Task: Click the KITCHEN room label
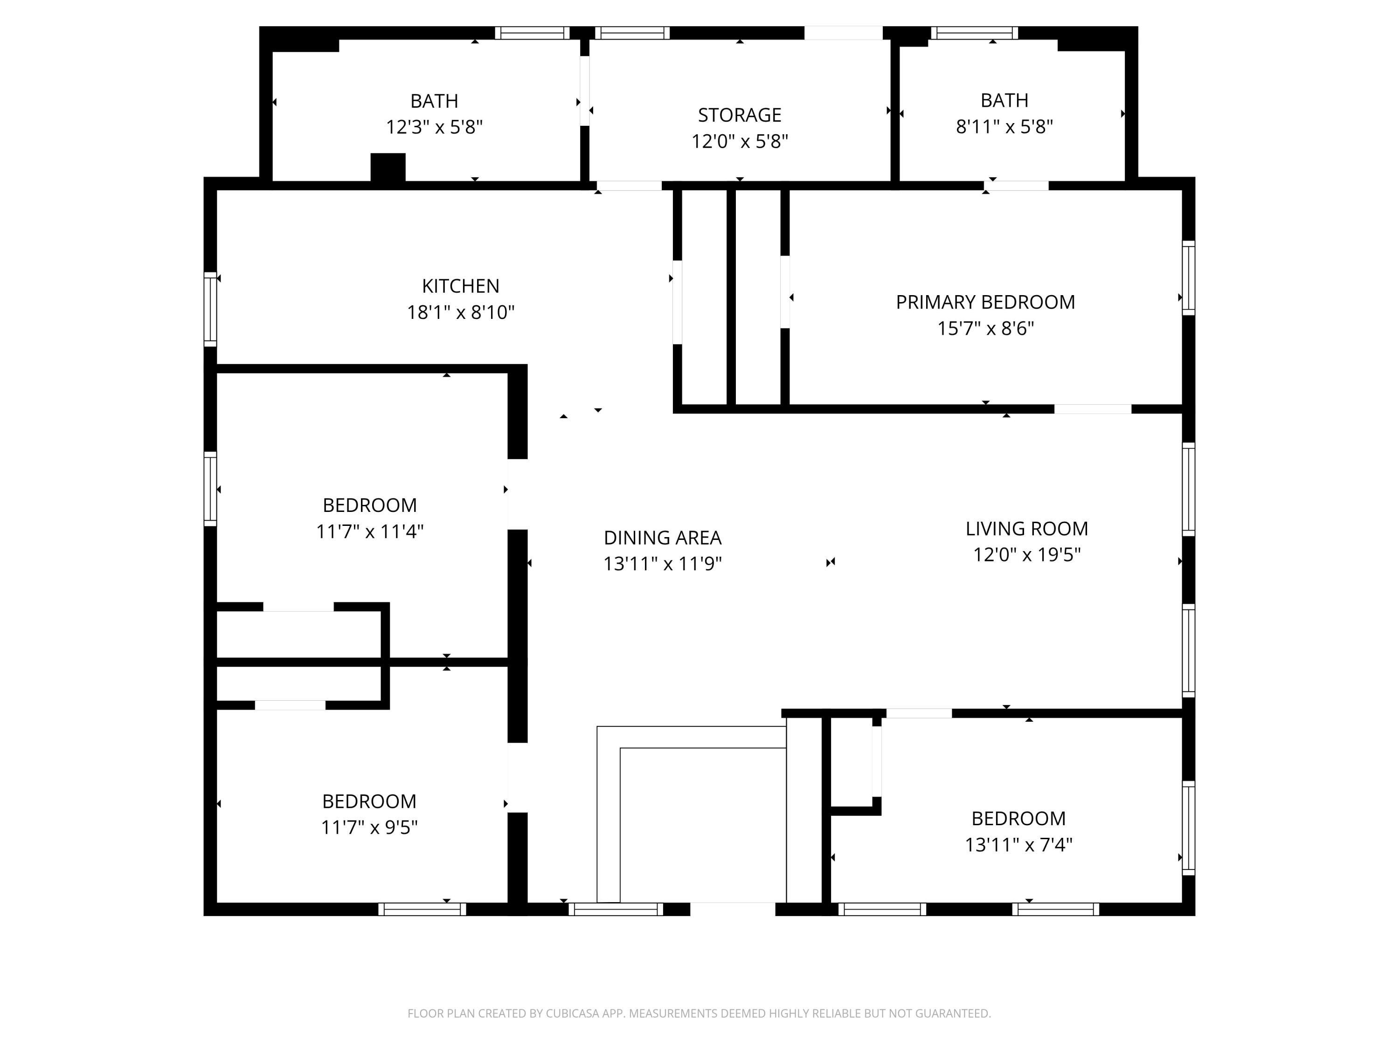coord(460,286)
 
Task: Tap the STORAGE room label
coord(739,115)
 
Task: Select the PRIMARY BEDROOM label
coord(985,302)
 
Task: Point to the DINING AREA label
coord(662,538)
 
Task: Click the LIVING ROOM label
coord(1026,529)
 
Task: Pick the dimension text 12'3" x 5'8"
coord(435,127)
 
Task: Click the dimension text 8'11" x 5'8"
coord(1004,126)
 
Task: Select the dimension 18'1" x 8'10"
coord(460,312)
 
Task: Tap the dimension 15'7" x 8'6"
coord(985,329)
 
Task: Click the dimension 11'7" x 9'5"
coord(369,828)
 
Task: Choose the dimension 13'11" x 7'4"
coord(1018,845)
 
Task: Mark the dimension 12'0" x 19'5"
coord(1026,554)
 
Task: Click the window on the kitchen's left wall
coord(210,309)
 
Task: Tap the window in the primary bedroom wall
coord(1188,277)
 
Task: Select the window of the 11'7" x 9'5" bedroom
coord(422,909)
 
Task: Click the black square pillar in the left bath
coord(388,167)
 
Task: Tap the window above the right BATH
coord(974,33)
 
